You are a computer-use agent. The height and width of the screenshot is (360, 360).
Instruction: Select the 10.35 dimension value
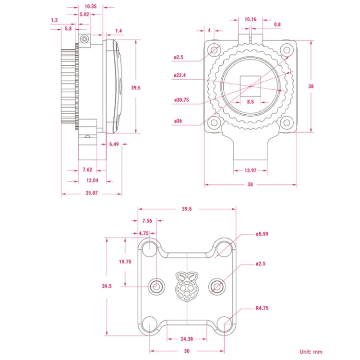(90, 7)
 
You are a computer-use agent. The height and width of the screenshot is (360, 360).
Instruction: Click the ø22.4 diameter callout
(180, 74)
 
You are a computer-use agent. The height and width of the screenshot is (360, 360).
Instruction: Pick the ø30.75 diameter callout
(182, 100)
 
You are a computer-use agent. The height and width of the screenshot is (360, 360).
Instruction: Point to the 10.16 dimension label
(251, 20)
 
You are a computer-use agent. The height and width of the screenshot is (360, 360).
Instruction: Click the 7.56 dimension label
(147, 221)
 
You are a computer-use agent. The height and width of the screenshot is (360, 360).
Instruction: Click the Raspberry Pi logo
(187, 287)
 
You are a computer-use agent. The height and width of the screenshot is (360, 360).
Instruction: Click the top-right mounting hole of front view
(287, 49)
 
